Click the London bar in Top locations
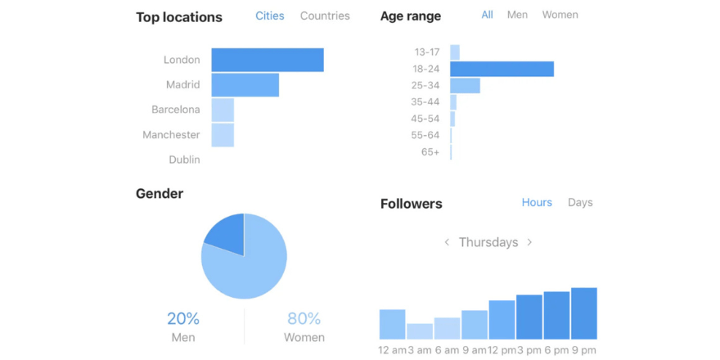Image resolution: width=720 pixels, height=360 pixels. pyautogui.click(x=267, y=60)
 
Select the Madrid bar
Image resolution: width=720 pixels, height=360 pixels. pyautogui.click(x=245, y=85)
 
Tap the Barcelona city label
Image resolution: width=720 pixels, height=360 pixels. pyautogui.click(x=175, y=110)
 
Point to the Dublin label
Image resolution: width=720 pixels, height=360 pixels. pyautogui.click(x=184, y=160)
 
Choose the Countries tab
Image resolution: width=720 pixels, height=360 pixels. pyautogui.click(x=325, y=16)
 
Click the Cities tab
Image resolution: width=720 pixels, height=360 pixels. pyautogui.click(x=269, y=16)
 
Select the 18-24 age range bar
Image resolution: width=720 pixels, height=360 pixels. pyautogui.click(x=502, y=69)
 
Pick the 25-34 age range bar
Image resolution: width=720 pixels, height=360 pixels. pyautogui.click(x=465, y=85)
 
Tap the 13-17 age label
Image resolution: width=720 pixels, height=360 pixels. pyautogui.click(x=426, y=52)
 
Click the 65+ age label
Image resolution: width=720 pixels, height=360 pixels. pyautogui.click(x=430, y=152)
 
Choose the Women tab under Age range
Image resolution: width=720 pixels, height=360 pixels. pyautogui.click(x=560, y=15)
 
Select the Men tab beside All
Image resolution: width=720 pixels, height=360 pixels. pyautogui.click(x=517, y=15)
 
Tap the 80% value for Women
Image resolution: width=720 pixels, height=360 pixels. pyautogui.click(x=304, y=319)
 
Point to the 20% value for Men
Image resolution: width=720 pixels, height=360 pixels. pyautogui.click(x=183, y=319)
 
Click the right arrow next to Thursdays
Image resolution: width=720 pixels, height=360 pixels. pyautogui.click(x=529, y=242)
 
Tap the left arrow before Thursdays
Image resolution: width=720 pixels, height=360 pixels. pyautogui.click(x=447, y=242)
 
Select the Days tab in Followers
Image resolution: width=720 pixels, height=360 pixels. pyautogui.click(x=580, y=202)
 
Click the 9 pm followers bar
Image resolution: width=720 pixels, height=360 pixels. pyautogui.click(x=583, y=313)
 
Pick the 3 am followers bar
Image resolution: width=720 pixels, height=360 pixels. pyautogui.click(x=420, y=331)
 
